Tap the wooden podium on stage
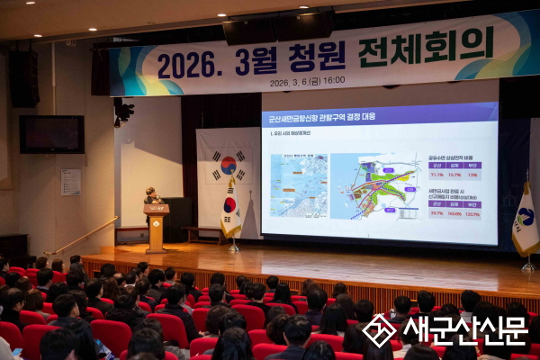[157, 226]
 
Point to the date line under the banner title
[307, 80]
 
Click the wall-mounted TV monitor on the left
[51, 134]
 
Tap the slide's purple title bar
[379, 116]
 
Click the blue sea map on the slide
[299, 184]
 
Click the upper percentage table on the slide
[454, 171]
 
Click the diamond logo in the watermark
[379, 330]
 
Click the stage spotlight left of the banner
[121, 111]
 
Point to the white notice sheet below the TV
[71, 182]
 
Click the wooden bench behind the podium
[203, 232]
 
